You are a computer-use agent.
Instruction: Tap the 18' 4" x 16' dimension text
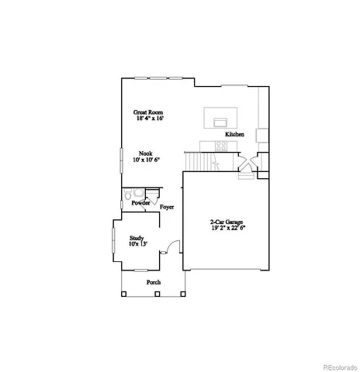(151, 119)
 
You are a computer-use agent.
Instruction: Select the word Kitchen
(235, 135)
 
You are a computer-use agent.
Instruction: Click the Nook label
(145, 153)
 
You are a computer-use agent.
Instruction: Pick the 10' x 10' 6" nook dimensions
(146, 160)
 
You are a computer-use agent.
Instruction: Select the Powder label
(140, 203)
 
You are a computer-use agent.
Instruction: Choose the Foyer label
(167, 208)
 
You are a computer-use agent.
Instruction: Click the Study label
(137, 238)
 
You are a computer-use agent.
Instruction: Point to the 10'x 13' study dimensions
(137, 244)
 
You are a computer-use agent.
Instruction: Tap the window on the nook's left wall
(120, 163)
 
